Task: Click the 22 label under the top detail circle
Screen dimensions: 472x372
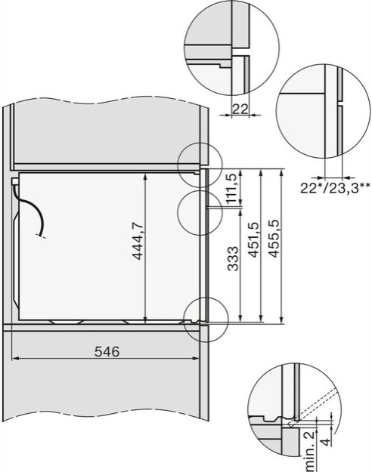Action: (x=240, y=110)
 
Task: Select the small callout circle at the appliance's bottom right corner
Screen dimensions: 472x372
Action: (x=204, y=317)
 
